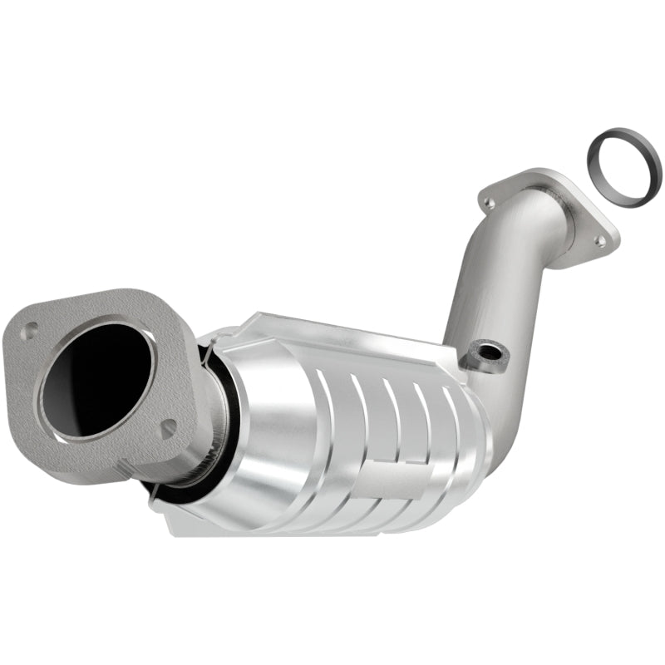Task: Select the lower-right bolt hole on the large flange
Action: [x=169, y=428]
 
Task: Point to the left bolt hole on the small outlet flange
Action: [x=490, y=202]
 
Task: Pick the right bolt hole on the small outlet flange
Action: [x=600, y=241]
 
